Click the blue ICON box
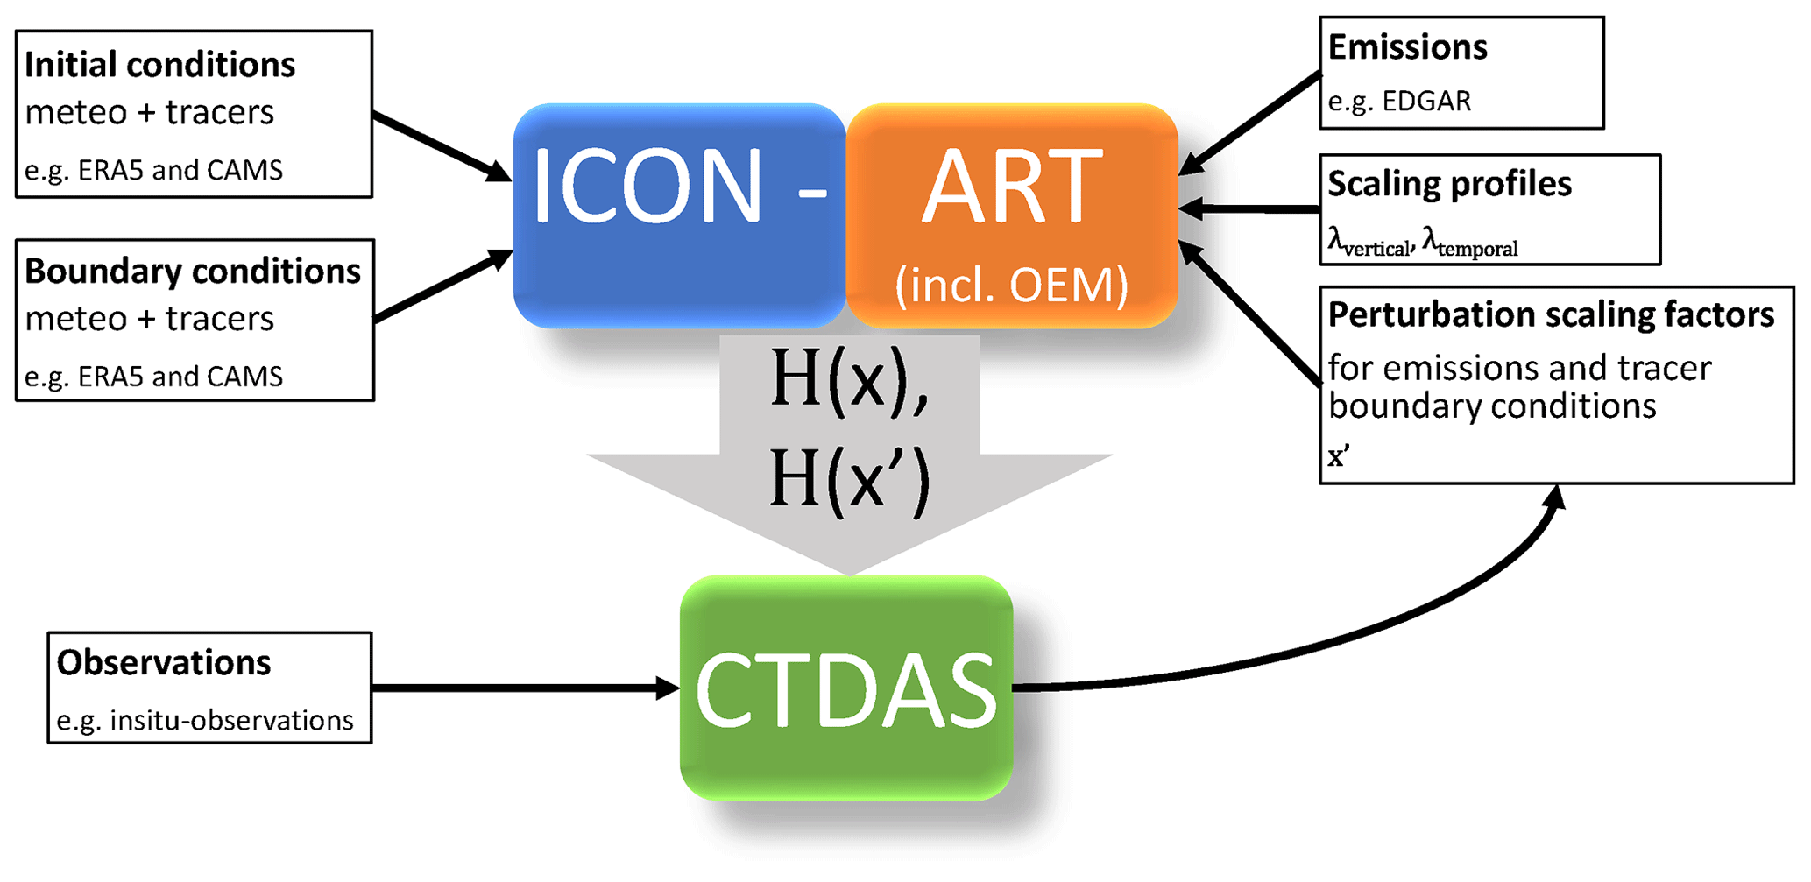pyautogui.click(x=679, y=215)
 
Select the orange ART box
pyautogui.click(x=1012, y=215)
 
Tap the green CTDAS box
pyautogui.click(x=846, y=688)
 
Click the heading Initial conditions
pyautogui.click(x=159, y=65)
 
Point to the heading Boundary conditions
pyautogui.click(x=193, y=272)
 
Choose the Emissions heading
pyautogui.click(x=1407, y=47)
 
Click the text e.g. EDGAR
pyautogui.click(x=1399, y=102)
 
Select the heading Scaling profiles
pyautogui.click(x=1449, y=184)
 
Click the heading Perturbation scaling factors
pyautogui.click(x=1551, y=314)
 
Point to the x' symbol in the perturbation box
pyautogui.click(x=1339, y=456)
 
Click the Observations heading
pyautogui.click(x=164, y=663)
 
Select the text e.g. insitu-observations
pyautogui.click(x=205, y=720)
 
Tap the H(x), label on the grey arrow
pyautogui.click(x=848, y=379)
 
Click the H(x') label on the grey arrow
pyautogui.click(x=848, y=479)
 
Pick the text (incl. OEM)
pyautogui.click(x=1011, y=286)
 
